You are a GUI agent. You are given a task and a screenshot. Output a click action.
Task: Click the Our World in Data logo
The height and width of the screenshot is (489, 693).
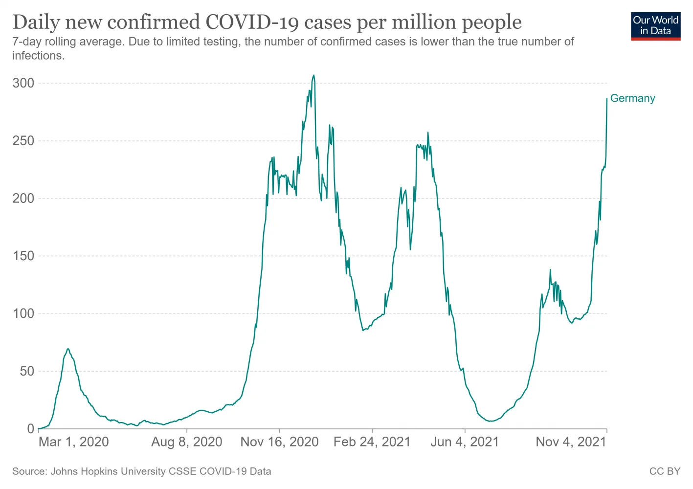(655, 26)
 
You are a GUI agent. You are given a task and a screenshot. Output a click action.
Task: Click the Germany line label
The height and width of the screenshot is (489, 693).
(632, 98)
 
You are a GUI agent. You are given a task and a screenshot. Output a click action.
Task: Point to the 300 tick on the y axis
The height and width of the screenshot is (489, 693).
(23, 83)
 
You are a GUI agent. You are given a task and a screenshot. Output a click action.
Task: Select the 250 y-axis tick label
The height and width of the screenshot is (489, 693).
(23, 141)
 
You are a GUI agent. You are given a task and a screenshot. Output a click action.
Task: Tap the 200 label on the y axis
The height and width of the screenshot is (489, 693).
(23, 199)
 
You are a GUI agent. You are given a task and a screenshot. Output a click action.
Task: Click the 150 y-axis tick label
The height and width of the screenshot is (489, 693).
(23, 256)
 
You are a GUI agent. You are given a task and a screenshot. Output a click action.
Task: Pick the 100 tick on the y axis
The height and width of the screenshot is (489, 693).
(23, 313)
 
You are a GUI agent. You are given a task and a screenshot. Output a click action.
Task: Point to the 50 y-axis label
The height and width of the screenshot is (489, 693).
(27, 371)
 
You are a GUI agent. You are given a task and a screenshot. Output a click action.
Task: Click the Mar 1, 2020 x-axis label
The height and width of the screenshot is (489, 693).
(73, 442)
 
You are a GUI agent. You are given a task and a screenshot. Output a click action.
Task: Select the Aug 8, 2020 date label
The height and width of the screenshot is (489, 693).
(187, 442)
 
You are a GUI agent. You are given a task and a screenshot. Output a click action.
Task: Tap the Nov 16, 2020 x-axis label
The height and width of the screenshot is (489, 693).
(279, 442)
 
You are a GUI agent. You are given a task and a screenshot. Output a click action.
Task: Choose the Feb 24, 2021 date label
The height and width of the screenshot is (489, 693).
(372, 442)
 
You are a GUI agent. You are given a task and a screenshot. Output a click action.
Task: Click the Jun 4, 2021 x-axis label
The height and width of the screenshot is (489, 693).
(465, 442)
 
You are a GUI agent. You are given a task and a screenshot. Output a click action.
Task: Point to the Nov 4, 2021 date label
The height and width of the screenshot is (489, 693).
(571, 442)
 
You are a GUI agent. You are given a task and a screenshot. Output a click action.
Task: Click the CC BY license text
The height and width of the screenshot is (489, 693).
(665, 471)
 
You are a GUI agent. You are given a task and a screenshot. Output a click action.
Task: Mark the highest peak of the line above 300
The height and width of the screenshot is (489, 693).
(313, 75)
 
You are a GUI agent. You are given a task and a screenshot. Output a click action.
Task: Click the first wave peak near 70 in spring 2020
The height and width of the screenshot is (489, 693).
(68, 349)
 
